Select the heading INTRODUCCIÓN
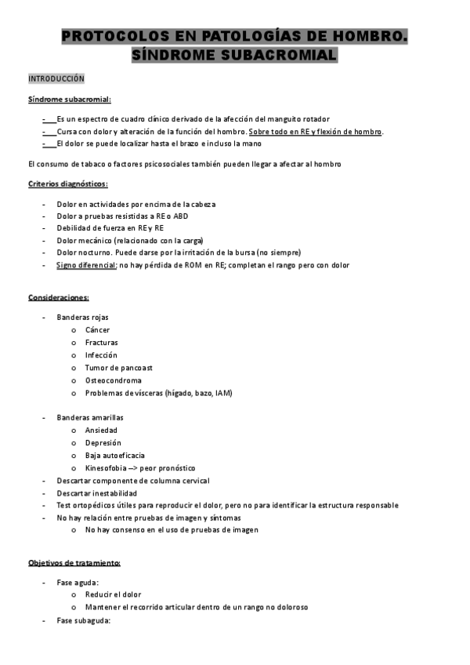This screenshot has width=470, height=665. (x=56, y=79)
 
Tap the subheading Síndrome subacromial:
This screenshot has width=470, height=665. (x=70, y=100)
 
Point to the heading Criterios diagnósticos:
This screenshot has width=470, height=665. (x=67, y=184)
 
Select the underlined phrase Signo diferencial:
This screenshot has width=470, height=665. (x=86, y=265)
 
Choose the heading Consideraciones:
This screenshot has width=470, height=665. (x=59, y=298)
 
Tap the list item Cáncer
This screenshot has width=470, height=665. (x=97, y=330)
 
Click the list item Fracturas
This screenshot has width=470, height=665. (x=101, y=343)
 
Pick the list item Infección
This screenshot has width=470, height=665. (x=101, y=355)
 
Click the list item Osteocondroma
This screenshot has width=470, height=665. (x=113, y=380)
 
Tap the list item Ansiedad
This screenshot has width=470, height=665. (x=101, y=431)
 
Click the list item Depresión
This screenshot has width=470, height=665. (x=103, y=443)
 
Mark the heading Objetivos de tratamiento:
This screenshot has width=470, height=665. (x=74, y=563)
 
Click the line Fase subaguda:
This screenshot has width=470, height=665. (x=83, y=620)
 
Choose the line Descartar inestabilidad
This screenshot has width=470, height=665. (x=96, y=493)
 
